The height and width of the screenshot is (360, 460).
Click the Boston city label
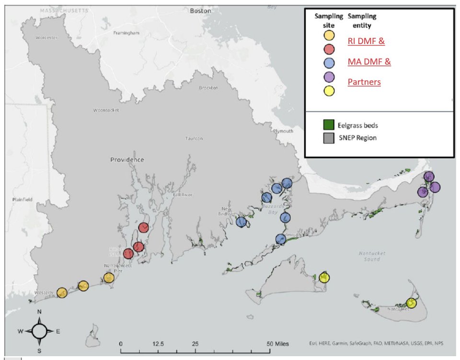(200, 11)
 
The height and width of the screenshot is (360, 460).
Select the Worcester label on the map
(46, 37)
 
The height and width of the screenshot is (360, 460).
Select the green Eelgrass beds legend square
(328, 125)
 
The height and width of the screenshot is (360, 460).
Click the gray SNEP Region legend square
(328, 138)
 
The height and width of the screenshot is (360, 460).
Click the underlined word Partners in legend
(364, 82)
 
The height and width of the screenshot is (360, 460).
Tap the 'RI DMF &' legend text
(366, 41)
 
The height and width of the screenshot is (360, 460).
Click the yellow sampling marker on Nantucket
(411, 303)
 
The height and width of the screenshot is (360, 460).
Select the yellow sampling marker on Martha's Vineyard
(324, 278)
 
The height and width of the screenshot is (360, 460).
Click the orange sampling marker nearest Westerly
(62, 292)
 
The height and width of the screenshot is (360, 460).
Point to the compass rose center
(40, 330)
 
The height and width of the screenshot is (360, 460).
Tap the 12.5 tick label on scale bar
(158, 344)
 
